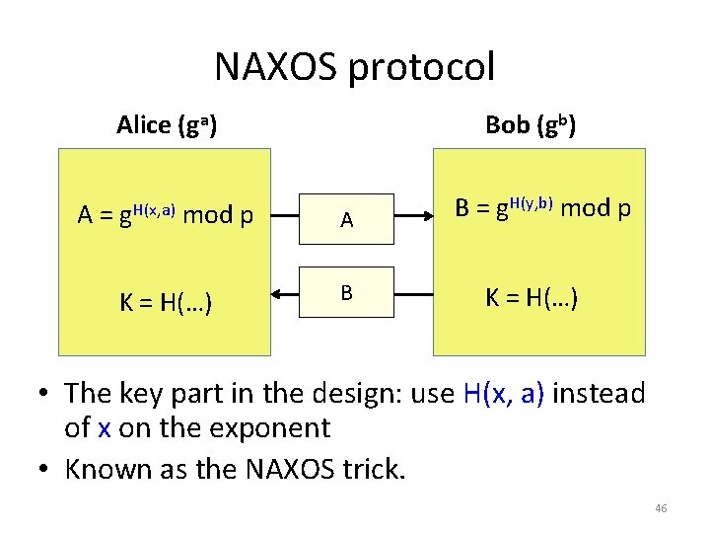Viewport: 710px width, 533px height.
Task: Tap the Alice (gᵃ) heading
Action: (x=167, y=125)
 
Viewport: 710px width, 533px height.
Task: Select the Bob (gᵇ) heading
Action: (x=531, y=125)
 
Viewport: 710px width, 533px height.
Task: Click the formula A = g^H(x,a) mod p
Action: (x=164, y=214)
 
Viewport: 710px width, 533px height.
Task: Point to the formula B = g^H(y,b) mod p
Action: (x=542, y=209)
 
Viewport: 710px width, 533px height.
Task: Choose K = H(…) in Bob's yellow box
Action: (x=531, y=295)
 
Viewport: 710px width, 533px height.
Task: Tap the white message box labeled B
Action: (x=347, y=292)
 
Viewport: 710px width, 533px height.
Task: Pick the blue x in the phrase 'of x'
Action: (x=105, y=428)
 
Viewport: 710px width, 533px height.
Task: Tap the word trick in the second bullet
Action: (x=374, y=469)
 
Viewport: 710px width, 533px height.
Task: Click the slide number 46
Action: (x=661, y=508)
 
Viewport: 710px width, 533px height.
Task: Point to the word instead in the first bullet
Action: (x=600, y=394)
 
